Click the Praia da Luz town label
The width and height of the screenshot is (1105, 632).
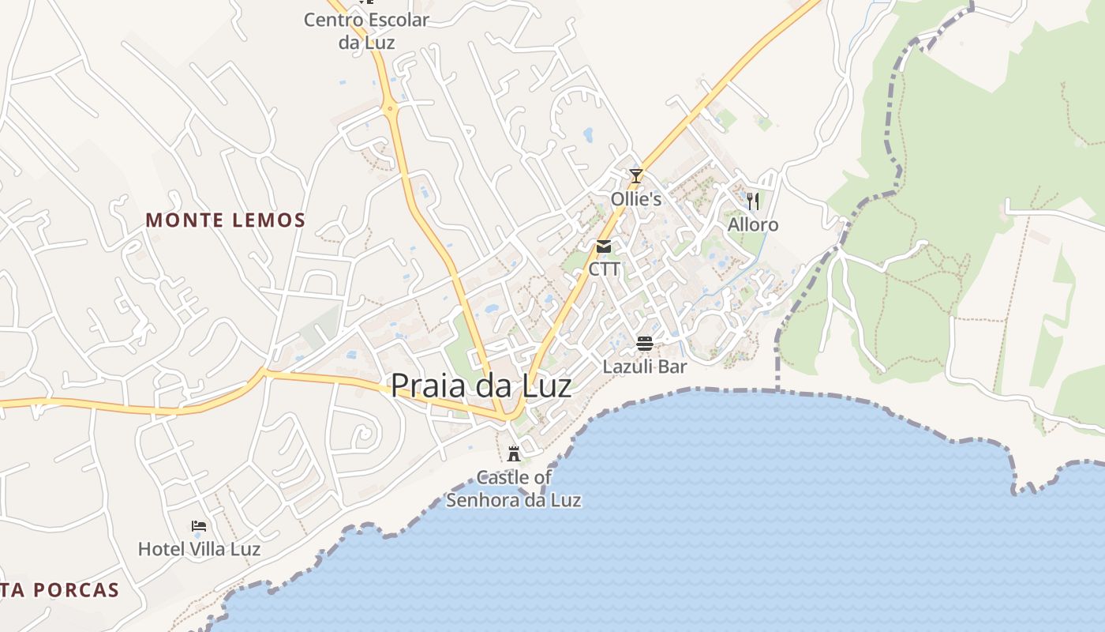coord(481,386)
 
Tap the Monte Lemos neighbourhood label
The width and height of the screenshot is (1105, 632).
coord(225,220)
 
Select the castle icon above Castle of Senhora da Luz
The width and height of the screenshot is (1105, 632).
coord(514,453)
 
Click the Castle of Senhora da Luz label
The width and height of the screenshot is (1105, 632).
coord(514,488)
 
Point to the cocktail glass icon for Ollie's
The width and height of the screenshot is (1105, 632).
coord(636,175)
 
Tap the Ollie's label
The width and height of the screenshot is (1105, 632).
coord(636,199)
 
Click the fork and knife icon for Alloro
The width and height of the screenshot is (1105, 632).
coord(753,201)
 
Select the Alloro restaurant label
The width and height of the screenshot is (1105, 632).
coord(753,225)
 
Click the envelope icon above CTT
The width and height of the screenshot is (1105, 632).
coord(604,246)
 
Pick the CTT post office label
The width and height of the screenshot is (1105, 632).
coord(604,269)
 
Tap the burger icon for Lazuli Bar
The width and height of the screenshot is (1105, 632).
coord(645,344)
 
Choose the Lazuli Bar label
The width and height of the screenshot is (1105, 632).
coord(645,367)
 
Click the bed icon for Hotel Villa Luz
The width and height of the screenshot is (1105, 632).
coord(199,525)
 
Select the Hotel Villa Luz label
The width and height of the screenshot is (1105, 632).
coord(199,548)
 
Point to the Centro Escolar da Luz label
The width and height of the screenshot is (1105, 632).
coord(366,30)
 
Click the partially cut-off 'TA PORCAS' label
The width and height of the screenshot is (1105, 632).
coord(60,589)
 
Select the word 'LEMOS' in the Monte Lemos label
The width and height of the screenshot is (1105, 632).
coord(268,220)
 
